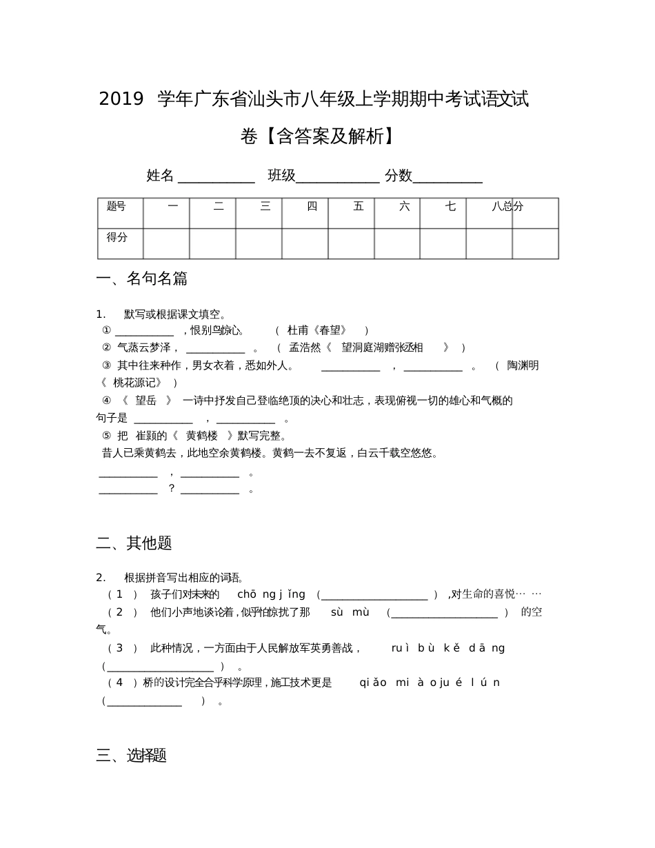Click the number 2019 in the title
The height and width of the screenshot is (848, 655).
pyautogui.click(x=121, y=100)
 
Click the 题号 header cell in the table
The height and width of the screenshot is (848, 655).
pyautogui.click(x=117, y=206)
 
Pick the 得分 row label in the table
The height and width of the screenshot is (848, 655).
pyautogui.click(x=117, y=237)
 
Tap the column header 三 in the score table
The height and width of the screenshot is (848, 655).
pyautogui.click(x=265, y=206)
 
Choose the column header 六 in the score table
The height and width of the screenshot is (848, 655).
pyautogui.click(x=404, y=206)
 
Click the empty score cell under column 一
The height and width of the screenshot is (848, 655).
pyautogui.click(x=166, y=243)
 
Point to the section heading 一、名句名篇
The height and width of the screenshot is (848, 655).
pyautogui.click(x=141, y=279)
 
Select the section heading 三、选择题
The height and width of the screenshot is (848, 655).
pyautogui.click(x=131, y=756)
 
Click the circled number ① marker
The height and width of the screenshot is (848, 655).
pyautogui.click(x=106, y=330)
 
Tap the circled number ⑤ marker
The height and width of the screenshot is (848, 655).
pyautogui.click(x=106, y=436)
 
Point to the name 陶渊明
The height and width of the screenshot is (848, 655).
pyautogui.click(x=523, y=365)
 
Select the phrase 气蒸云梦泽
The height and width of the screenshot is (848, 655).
pyautogui.click(x=143, y=347)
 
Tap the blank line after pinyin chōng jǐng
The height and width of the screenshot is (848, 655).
pyautogui.click(x=375, y=596)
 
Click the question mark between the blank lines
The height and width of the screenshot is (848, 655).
pyautogui.click(x=172, y=489)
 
